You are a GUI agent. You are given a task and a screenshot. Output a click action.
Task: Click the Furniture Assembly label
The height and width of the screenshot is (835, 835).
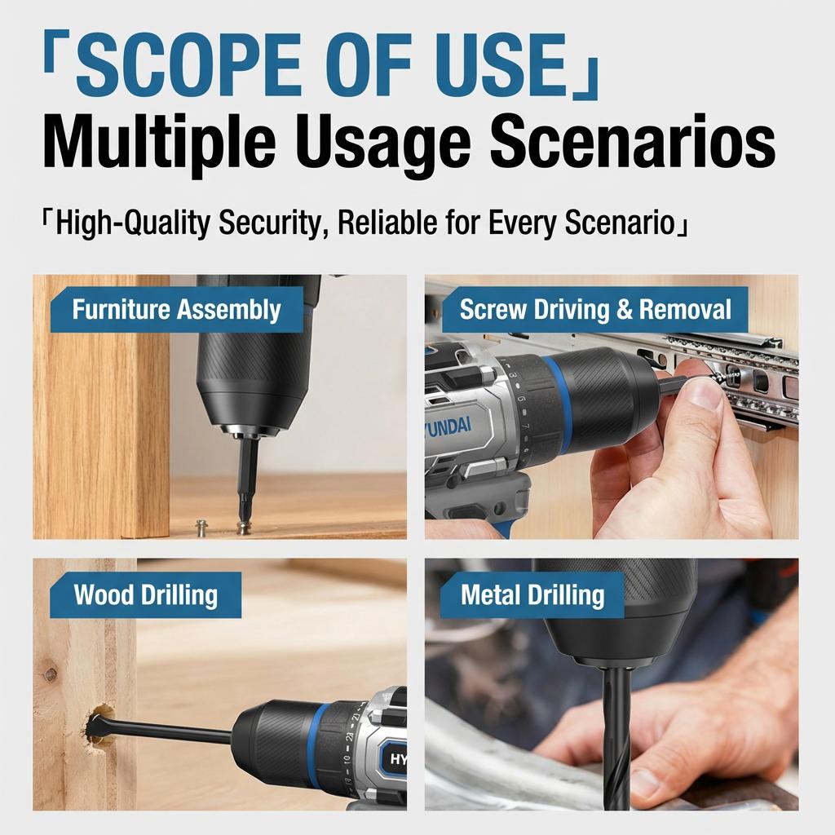[176, 310]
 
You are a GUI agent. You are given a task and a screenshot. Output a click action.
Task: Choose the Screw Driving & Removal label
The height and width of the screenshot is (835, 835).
[595, 310]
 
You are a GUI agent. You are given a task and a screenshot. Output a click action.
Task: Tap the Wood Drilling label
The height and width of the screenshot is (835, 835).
[145, 595]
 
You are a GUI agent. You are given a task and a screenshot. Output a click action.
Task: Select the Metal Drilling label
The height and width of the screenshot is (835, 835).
[532, 595]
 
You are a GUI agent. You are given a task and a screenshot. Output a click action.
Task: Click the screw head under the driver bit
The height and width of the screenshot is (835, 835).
[242, 527]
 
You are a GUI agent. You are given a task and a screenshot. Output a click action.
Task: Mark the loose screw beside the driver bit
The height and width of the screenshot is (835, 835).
[201, 527]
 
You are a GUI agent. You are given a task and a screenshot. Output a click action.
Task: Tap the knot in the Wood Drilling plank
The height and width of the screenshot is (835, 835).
[51, 675]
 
